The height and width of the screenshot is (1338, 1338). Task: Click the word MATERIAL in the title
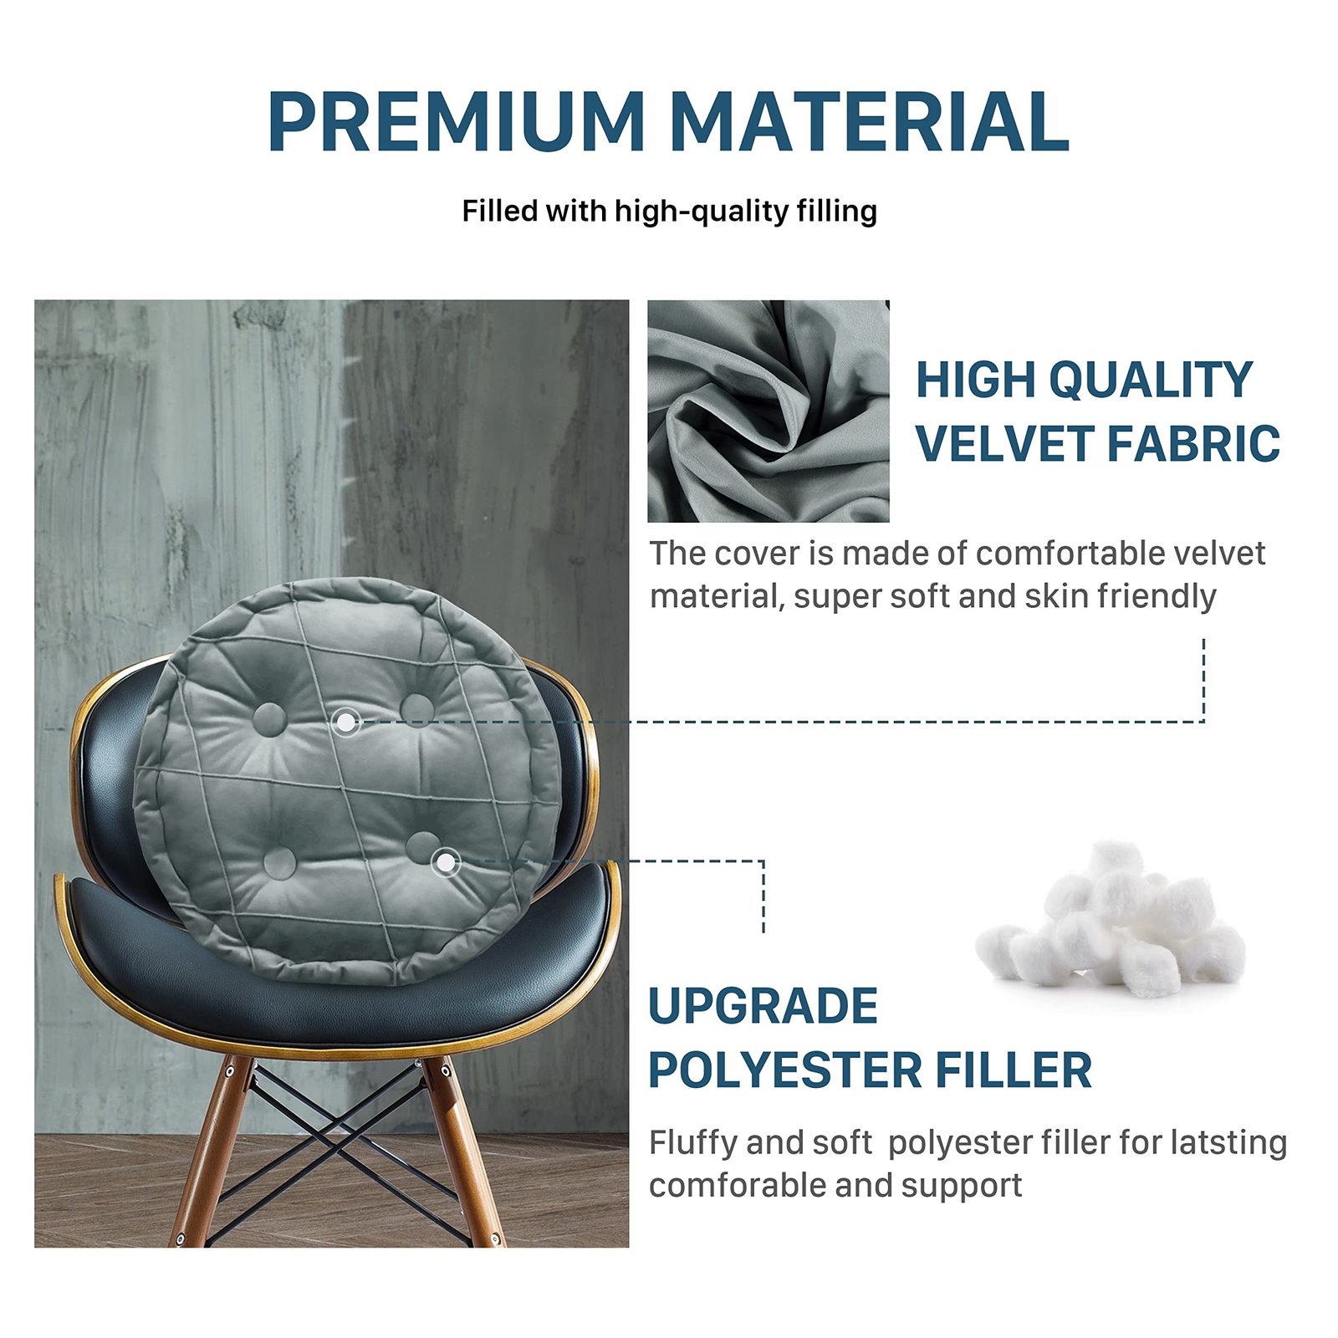[870, 121]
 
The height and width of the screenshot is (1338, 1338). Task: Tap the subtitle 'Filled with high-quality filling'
[669, 212]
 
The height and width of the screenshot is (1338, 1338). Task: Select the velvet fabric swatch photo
[768, 411]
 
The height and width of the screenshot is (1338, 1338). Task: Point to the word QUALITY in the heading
[1151, 380]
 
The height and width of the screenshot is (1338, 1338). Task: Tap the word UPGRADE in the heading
[763, 1005]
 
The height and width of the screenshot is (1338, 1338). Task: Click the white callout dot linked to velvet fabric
[345, 721]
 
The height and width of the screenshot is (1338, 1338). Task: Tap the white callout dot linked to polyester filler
[446, 861]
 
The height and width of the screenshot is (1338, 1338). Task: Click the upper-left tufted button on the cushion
[269, 719]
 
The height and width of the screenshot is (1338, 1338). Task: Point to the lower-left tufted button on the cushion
[279, 862]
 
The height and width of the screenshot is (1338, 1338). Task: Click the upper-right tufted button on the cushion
[416, 709]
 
